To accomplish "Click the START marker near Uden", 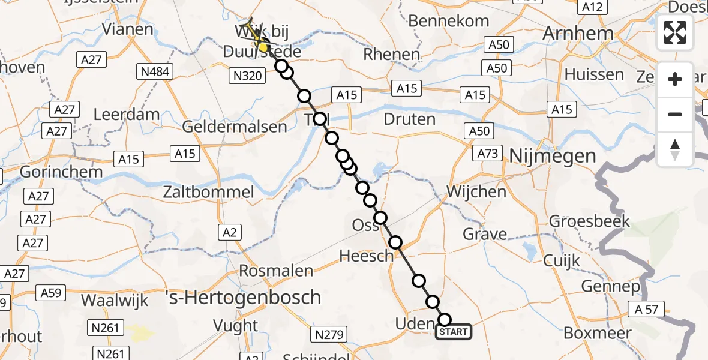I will pos(453,332).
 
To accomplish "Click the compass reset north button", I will pos(675,149).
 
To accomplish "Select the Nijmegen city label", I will pos(553,156).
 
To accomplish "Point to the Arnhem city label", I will pos(578,34).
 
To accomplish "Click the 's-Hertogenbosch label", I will pos(243,298).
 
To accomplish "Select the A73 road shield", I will pos(487,154).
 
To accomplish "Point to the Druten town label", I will pos(409,119).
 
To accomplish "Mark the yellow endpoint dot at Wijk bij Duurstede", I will pos(263,46).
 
